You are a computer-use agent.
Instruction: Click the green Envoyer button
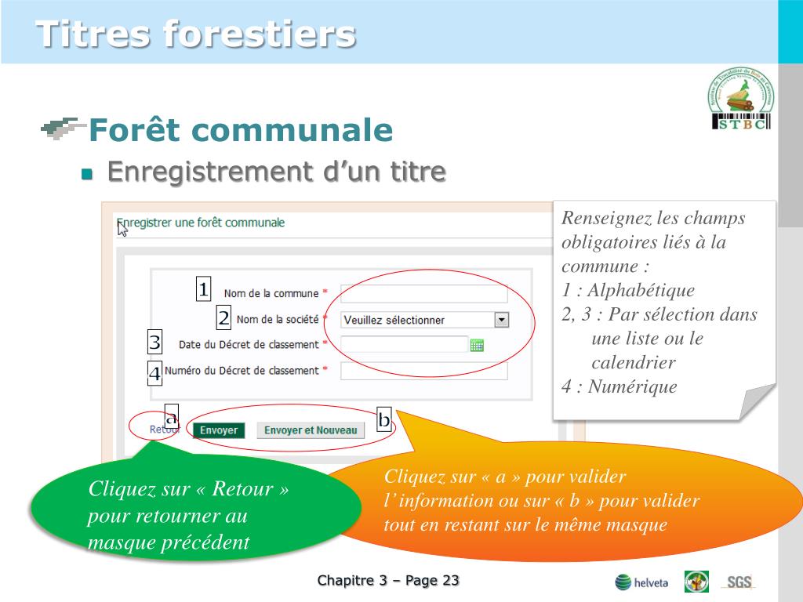click(218, 430)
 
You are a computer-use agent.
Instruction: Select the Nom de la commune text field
click(423, 294)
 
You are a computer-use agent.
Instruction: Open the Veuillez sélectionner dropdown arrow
click(502, 320)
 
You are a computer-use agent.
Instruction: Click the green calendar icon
click(477, 345)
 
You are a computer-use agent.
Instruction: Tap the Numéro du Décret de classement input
click(423, 371)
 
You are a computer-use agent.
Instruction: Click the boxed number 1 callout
click(204, 290)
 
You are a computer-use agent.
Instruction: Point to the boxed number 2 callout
click(224, 317)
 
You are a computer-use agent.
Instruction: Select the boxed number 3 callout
click(155, 343)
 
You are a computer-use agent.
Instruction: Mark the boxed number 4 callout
click(155, 373)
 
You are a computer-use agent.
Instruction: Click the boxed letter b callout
click(384, 420)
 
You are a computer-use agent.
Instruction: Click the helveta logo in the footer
click(641, 582)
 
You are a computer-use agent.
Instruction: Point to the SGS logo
click(738, 582)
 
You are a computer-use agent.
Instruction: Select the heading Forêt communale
click(240, 130)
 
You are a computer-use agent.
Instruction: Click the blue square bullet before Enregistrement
click(87, 173)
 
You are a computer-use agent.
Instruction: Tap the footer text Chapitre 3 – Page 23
click(388, 581)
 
